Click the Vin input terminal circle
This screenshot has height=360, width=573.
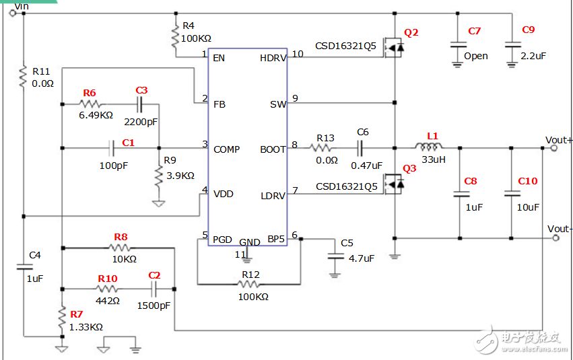click(12, 13)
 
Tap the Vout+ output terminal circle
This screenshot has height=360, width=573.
click(554, 148)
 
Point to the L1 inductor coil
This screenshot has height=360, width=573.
click(428, 147)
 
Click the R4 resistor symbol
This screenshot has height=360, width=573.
click(176, 36)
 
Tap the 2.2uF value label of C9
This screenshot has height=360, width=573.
click(533, 56)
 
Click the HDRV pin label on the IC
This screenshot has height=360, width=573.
click(273, 58)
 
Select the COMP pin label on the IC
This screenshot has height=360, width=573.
click(226, 149)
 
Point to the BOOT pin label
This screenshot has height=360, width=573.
click(273, 149)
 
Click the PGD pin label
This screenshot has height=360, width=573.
click(222, 240)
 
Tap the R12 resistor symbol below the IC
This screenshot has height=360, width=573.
click(249, 284)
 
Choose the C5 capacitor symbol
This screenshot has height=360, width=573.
click(335, 256)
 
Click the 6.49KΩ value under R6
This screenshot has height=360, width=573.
click(96, 115)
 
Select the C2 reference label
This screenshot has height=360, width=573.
click(154, 275)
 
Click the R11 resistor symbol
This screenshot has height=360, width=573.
click(24, 76)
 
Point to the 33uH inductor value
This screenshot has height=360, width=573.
click(434, 159)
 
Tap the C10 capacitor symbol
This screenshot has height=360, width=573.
click(512, 193)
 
